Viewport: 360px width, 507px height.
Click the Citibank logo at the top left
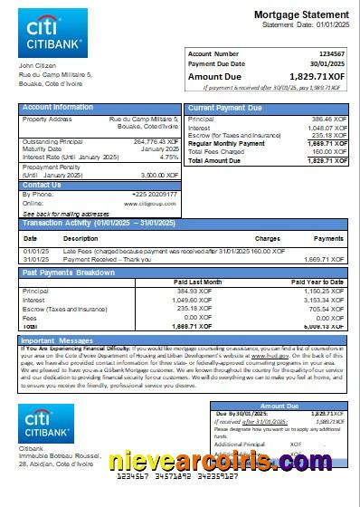(52, 33)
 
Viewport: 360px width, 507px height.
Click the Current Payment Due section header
(226, 108)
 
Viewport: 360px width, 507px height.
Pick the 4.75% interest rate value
(168, 157)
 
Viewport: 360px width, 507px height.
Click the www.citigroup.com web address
(156, 203)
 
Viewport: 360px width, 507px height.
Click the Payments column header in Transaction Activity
(328, 238)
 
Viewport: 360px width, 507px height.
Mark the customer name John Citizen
(38, 66)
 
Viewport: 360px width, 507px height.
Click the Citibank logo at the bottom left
(52, 423)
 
